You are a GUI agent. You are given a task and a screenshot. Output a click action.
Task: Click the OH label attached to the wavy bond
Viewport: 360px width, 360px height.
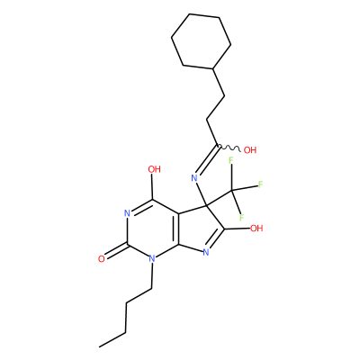click(x=250, y=149)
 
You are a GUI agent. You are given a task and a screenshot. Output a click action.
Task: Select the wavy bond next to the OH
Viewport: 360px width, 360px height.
click(x=229, y=148)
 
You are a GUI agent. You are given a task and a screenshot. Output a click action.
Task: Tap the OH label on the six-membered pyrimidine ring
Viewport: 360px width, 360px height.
click(x=155, y=169)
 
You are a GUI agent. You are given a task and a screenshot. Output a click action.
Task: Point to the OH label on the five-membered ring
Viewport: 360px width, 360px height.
click(x=256, y=229)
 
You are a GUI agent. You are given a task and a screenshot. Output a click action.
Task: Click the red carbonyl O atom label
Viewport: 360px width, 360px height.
click(x=102, y=259)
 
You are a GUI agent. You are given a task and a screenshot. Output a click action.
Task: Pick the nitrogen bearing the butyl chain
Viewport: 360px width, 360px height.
click(x=152, y=258)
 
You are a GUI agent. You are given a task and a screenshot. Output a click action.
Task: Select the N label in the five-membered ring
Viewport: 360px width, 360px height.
click(x=206, y=253)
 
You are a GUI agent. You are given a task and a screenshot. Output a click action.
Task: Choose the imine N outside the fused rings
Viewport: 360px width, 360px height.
click(x=194, y=178)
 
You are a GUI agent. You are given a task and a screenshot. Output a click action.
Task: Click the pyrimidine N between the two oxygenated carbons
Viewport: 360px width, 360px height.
click(x=127, y=213)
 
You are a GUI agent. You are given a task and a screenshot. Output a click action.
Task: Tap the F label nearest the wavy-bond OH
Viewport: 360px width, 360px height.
click(x=231, y=160)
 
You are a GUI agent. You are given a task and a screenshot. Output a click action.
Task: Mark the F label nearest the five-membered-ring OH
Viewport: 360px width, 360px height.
click(x=241, y=217)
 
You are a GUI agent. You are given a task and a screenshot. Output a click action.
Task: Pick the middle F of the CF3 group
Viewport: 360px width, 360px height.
click(x=260, y=184)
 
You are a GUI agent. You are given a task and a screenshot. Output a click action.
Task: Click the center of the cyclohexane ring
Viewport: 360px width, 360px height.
click(x=201, y=41)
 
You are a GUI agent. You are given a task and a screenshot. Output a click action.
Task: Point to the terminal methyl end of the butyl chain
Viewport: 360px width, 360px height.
click(x=99, y=347)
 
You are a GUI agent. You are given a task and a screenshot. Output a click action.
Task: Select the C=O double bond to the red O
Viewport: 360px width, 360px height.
click(x=116, y=251)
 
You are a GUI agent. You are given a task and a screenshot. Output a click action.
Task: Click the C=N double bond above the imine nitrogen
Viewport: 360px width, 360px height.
click(x=207, y=161)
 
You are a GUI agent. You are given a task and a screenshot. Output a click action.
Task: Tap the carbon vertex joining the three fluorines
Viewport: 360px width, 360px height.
click(x=231, y=190)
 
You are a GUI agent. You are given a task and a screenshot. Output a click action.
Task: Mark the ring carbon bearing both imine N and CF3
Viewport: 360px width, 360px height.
click(x=207, y=205)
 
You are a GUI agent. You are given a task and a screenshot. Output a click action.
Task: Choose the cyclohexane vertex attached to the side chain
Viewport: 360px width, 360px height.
click(x=212, y=69)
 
